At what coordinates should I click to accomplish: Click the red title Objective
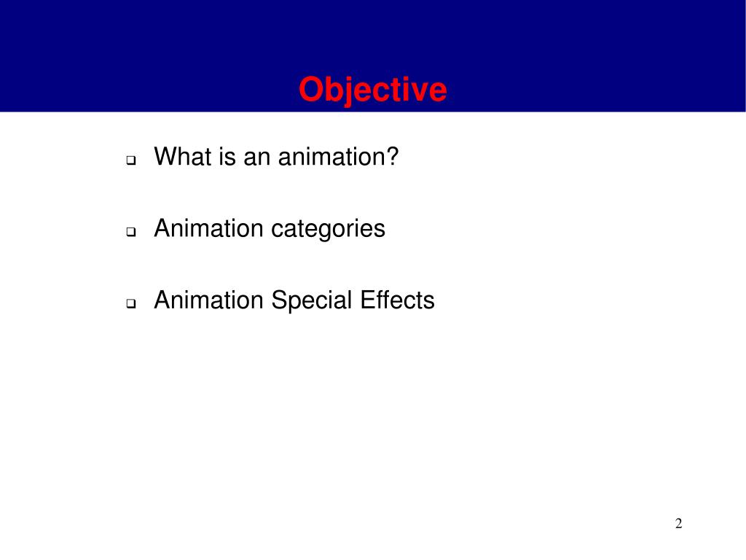372,90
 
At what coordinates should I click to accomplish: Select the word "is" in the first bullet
225,156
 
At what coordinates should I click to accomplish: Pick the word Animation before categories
208,228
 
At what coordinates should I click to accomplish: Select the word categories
328,229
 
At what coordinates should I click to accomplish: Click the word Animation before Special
208,300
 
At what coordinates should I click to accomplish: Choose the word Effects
396,300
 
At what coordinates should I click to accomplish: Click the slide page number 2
678,524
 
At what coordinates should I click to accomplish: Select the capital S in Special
279,300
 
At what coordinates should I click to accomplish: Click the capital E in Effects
365,300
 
